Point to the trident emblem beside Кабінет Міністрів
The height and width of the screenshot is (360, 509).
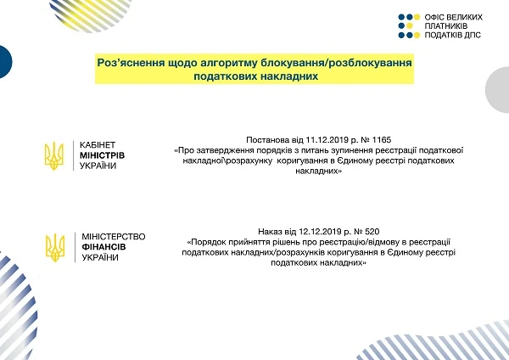[54, 154]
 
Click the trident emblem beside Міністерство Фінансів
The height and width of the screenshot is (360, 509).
[54, 245]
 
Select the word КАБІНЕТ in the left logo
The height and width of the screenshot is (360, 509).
[97, 144]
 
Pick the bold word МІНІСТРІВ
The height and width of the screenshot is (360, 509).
[102, 155]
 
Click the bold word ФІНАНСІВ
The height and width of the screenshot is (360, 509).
[101, 246]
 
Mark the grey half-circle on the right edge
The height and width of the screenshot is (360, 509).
[499, 88]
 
